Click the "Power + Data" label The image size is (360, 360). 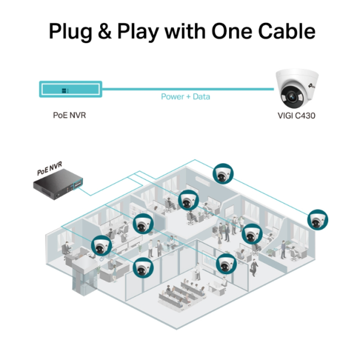tap(185, 96)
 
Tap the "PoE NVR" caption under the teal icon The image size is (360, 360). tap(70, 114)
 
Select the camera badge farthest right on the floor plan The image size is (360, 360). tap(317, 220)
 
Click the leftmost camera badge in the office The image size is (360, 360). tap(101, 246)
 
